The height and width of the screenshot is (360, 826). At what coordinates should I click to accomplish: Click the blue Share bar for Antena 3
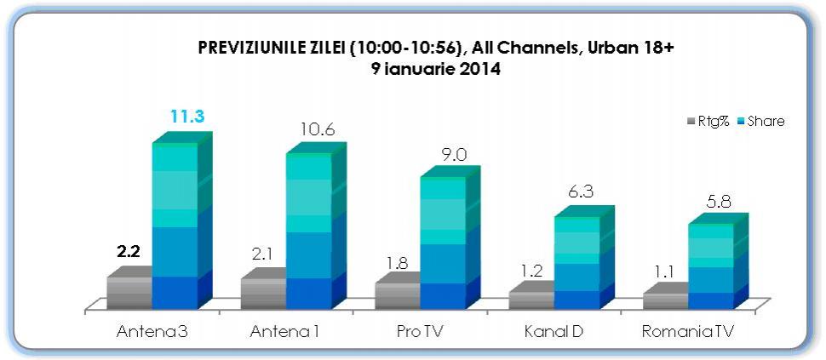tap(175, 226)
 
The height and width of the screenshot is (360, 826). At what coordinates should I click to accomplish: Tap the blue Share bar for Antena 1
tap(309, 231)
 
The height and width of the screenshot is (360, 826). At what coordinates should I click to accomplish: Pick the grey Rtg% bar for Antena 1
tap(263, 294)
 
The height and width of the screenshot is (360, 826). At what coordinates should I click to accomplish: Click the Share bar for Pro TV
tap(443, 243)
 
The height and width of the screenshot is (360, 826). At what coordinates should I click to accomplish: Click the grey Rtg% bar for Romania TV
tap(665, 300)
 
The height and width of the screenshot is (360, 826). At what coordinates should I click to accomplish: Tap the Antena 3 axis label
tap(152, 330)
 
